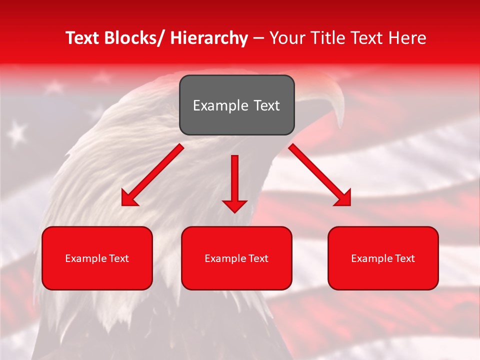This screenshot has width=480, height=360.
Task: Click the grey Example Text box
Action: (236, 105)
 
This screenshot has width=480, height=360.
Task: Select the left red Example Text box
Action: (97, 258)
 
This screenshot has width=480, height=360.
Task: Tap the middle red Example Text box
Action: (236, 258)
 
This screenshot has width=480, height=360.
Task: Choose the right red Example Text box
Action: (383, 258)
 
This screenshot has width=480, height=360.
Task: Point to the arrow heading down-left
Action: (152, 175)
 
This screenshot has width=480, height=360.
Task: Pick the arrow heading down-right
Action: (320, 175)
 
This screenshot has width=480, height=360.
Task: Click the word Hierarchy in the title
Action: (209, 38)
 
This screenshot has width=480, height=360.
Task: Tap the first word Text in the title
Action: (82, 38)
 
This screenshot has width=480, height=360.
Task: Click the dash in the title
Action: (258, 38)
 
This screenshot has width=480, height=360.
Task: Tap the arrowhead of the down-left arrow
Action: (128, 199)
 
